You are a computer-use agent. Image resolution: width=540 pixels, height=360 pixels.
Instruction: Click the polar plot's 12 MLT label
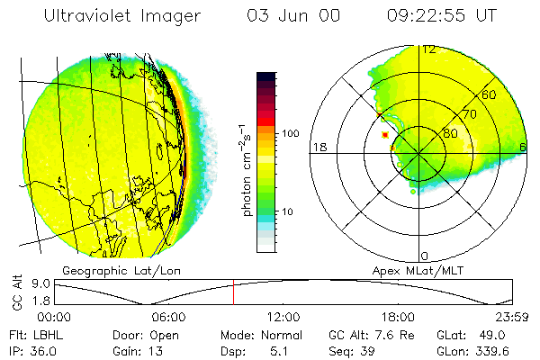[x=430, y=49]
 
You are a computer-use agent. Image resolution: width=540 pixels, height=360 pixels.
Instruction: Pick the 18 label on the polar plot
[x=318, y=147]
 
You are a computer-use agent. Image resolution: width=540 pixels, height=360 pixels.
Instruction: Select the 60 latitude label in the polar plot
[x=490, y=94]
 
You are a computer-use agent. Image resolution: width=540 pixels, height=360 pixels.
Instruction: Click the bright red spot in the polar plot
[x=385, y=134]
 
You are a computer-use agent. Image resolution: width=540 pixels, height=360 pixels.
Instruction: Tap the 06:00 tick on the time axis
[x=168, y=316]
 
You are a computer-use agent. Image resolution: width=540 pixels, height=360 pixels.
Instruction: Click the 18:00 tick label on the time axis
[x=398, y=316]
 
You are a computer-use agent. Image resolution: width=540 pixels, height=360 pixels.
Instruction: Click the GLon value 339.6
[x=493, y=351]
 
